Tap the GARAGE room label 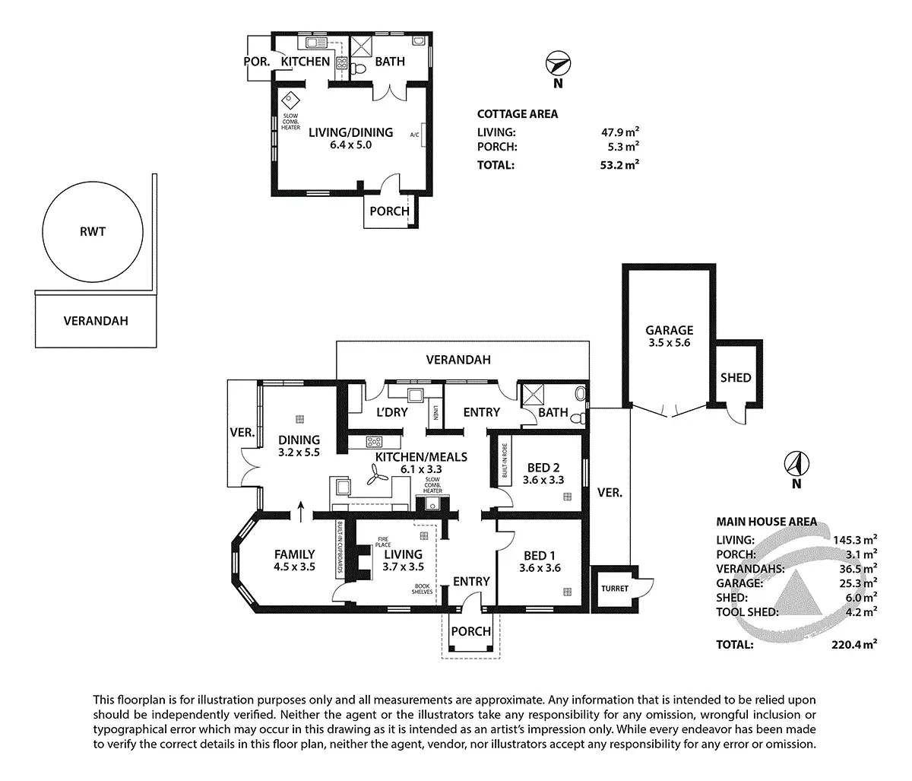click(x=669, y=330)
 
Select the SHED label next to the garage click(x=736, y=377)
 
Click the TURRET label click(x=610, y=589)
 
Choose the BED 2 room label click(x=542, y=467)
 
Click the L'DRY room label click(x=392, y=412)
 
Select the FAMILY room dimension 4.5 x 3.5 click(x=294, y=567)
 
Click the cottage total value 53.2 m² click(x=619, y=164)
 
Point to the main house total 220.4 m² click(x=850, y=644)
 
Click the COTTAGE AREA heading click(x=517, y=114)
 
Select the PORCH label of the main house click(x=471, y=632)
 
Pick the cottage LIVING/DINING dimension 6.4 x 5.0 click(x=350, y=146)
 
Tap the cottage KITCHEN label click(x=306, y=62)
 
